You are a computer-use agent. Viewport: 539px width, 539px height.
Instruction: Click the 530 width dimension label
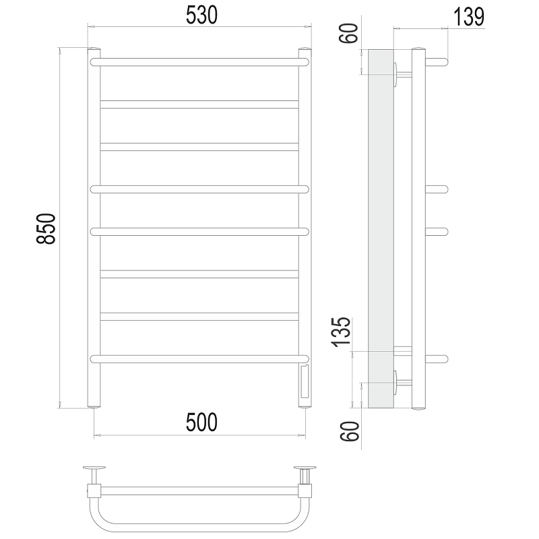(201, 15)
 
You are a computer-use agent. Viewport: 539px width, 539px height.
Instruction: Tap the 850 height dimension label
(46, 228)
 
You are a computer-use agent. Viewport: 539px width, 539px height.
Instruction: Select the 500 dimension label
(201, 422)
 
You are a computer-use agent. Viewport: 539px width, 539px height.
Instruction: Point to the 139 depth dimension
(469, 17)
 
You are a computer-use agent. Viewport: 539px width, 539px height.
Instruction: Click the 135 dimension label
(341, 331)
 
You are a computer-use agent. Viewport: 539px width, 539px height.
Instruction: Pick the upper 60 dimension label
(348, 33)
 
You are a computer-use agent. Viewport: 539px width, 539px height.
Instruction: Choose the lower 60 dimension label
(350, 431)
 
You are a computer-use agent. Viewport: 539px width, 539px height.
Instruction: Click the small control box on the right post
(305, 382)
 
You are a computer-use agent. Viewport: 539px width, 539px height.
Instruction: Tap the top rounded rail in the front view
(199, 62)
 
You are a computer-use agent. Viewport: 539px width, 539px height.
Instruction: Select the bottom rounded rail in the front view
(199, 359)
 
